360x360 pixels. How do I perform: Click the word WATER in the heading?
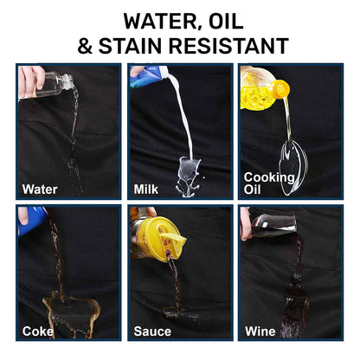pos(159,22)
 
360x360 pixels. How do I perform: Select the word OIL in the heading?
pos(226,21)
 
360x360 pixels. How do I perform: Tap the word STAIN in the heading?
pos(130,46)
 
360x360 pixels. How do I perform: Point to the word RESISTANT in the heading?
pos(228,46)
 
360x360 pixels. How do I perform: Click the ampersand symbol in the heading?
pos(85,46)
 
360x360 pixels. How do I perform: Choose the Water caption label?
pos(40,190)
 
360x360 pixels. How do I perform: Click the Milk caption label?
pos(146,190)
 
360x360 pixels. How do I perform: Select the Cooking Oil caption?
pos(268,183)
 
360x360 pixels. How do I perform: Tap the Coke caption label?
pos(38,331)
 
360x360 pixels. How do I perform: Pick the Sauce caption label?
pos(152,331)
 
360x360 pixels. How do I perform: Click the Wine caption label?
pos(260,331)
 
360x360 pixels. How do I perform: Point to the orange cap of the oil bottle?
pos(280,88)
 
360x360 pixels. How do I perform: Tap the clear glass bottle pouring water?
pos(53,85)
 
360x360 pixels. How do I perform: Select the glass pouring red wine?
pos(273,225)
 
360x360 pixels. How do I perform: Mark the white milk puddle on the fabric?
pos(189,177)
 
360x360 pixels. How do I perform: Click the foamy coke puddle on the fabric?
pos(71,314)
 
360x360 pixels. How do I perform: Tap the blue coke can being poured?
pos(32,222)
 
